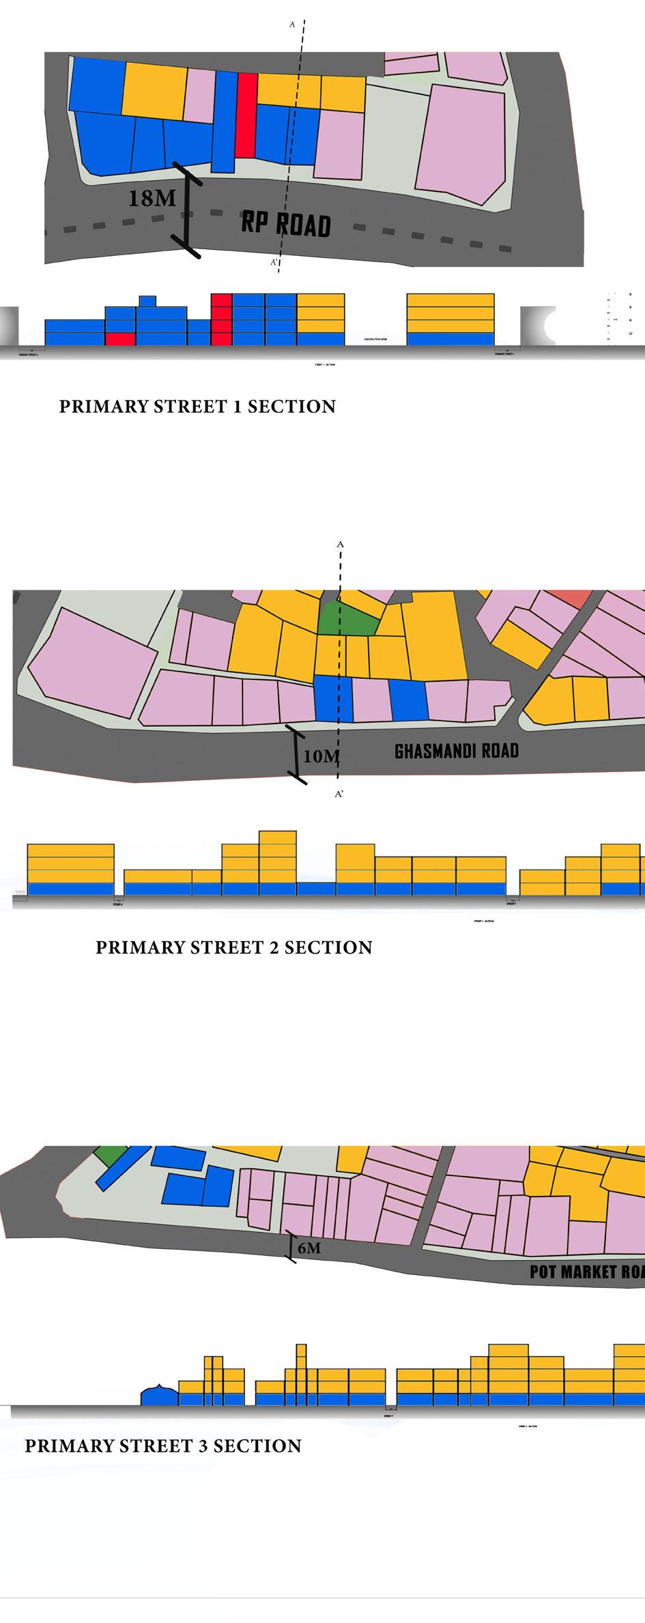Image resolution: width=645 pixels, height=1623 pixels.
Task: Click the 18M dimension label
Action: coord(152,198)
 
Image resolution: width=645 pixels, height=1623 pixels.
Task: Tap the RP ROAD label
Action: coord(286,225)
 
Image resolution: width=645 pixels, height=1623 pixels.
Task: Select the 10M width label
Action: coord(321,756)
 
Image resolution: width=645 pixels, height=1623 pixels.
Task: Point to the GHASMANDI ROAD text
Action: coord(457,751)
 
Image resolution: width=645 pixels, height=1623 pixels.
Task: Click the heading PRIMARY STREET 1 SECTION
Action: coord(197,407)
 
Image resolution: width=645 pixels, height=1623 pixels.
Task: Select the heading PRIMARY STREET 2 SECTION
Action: coord(233,947)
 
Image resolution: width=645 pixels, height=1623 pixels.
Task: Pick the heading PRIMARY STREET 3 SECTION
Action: coord(163,1446)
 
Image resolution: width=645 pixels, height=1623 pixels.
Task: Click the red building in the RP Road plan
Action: coord(246,115)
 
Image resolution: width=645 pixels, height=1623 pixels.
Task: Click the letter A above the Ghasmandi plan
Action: coord(339,545)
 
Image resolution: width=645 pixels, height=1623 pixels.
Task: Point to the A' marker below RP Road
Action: coord(273,262)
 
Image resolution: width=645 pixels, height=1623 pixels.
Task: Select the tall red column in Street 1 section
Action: coord(221,319)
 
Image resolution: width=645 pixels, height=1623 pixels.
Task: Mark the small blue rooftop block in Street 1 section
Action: coord(147,301)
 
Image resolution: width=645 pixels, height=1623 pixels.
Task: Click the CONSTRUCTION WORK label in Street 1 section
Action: coord(375,339)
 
